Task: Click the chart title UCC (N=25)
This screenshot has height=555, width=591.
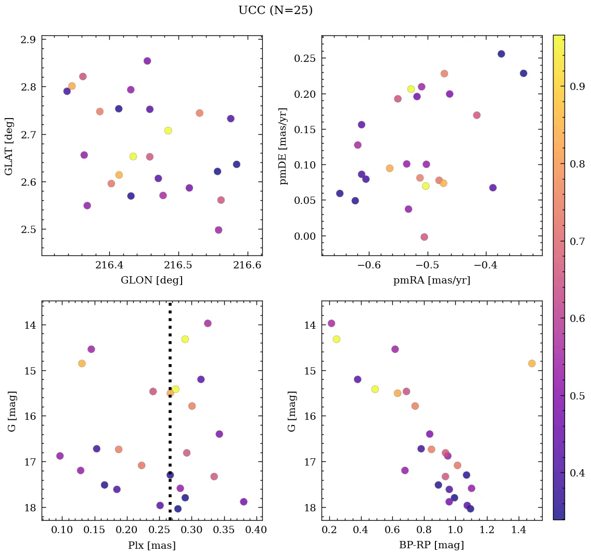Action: pos(275,10)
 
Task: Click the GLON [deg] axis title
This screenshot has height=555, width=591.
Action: pos(151,280)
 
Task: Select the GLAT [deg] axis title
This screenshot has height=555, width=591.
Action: pos(9,146)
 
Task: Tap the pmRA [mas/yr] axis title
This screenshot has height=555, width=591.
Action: pos(431,280)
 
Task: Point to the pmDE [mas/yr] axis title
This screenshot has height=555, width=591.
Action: pos(284,146)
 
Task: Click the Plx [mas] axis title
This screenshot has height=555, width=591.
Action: pos(151,545)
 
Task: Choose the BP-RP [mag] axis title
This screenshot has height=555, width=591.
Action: pos(431,545)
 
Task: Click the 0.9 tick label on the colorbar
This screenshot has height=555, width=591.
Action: pos(577,86)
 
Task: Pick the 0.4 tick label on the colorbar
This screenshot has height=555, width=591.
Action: pos(577,472)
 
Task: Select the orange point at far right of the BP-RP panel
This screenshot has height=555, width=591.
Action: pos(532,363)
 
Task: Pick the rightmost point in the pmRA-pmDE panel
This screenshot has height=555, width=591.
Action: pos(523,73)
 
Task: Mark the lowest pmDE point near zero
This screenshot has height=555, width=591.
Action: pos(424,237)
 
